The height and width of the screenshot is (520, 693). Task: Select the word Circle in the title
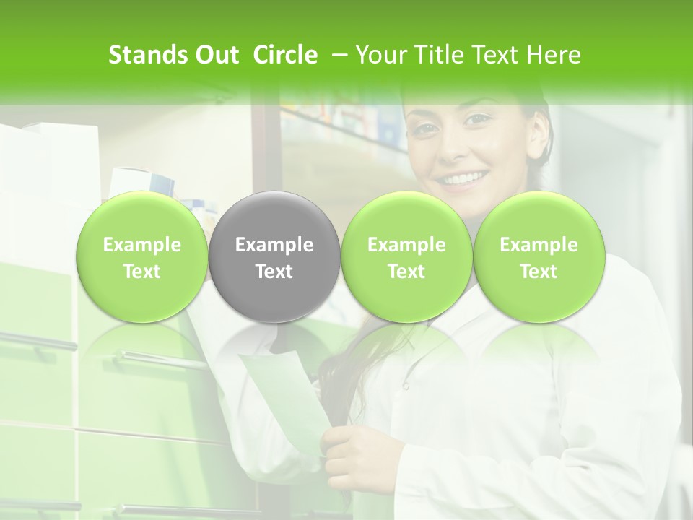click(285, 56)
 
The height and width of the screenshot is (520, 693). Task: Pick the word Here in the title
click(554, 56)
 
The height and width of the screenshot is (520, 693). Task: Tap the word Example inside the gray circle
click(274, 245)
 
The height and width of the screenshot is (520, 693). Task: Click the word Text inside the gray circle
click(274, 272)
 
